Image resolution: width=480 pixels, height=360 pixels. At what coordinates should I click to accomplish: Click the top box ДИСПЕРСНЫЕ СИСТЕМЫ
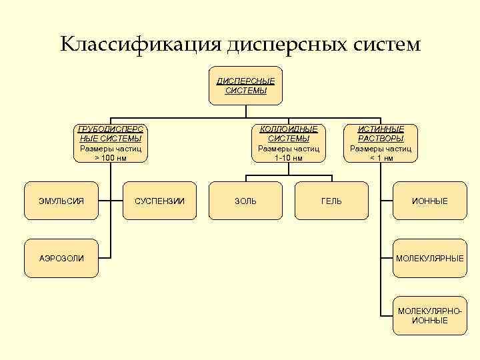(x=245, y=85)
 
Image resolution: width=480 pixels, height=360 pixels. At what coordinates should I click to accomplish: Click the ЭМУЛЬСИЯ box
(x=62, y=201)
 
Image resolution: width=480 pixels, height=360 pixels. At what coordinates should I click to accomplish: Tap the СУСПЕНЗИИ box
(x=159, y=201)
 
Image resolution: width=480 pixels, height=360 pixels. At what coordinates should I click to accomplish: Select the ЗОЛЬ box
(x=245, y=201)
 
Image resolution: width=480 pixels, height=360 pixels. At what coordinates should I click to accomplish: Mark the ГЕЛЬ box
(x=331, y=201)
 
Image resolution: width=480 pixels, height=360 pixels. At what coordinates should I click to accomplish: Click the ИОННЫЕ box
(x=430, y=201)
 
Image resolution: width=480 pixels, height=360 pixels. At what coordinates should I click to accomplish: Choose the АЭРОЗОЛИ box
(x=62, y=258)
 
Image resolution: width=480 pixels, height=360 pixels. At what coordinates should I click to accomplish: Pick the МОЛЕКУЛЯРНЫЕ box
(x=430, y=258)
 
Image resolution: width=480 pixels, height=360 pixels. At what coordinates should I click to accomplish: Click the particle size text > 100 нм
(x=111, y=158)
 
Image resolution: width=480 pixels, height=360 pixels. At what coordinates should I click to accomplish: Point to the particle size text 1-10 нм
(x=288, y=158)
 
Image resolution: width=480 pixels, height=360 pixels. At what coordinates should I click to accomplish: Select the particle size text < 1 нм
(x=381, y=158)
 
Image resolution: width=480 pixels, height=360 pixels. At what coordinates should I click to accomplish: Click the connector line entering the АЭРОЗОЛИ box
(x=105, y=258)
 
